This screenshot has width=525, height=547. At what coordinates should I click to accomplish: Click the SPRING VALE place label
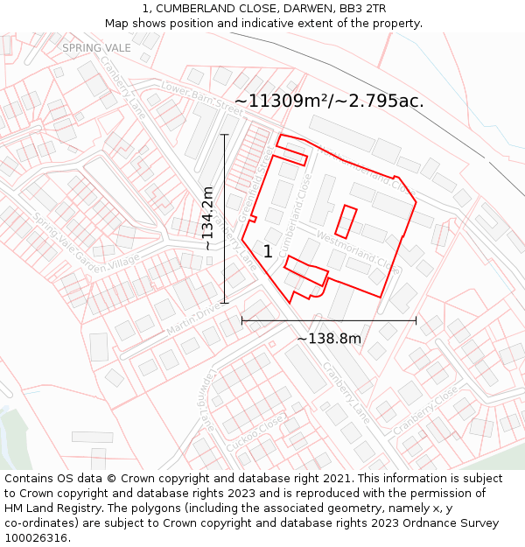click(96, 47)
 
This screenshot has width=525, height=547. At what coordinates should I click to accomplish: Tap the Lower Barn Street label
click(202, 98)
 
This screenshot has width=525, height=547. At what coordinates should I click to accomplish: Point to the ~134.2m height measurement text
click(207, 219)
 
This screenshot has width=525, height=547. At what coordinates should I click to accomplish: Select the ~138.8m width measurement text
click(329, 338)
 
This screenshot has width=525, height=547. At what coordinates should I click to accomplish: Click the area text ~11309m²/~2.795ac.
click(329, 101)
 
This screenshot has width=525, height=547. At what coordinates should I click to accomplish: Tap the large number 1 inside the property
click(268, 252)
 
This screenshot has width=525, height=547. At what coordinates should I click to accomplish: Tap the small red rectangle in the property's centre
click(346, 221)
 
